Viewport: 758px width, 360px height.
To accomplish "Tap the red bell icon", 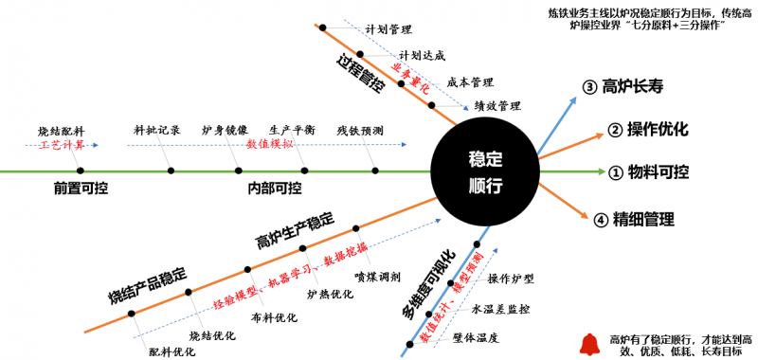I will [589, 343].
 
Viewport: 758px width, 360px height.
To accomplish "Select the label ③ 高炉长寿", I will [629, 87].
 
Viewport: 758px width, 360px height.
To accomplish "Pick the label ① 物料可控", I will [648, 172].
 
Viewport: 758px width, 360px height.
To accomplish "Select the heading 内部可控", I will [275, 188].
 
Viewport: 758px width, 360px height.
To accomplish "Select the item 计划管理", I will [388, 29].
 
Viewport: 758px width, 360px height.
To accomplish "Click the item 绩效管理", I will [497, 105].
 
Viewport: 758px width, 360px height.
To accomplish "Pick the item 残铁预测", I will [360, 130].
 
